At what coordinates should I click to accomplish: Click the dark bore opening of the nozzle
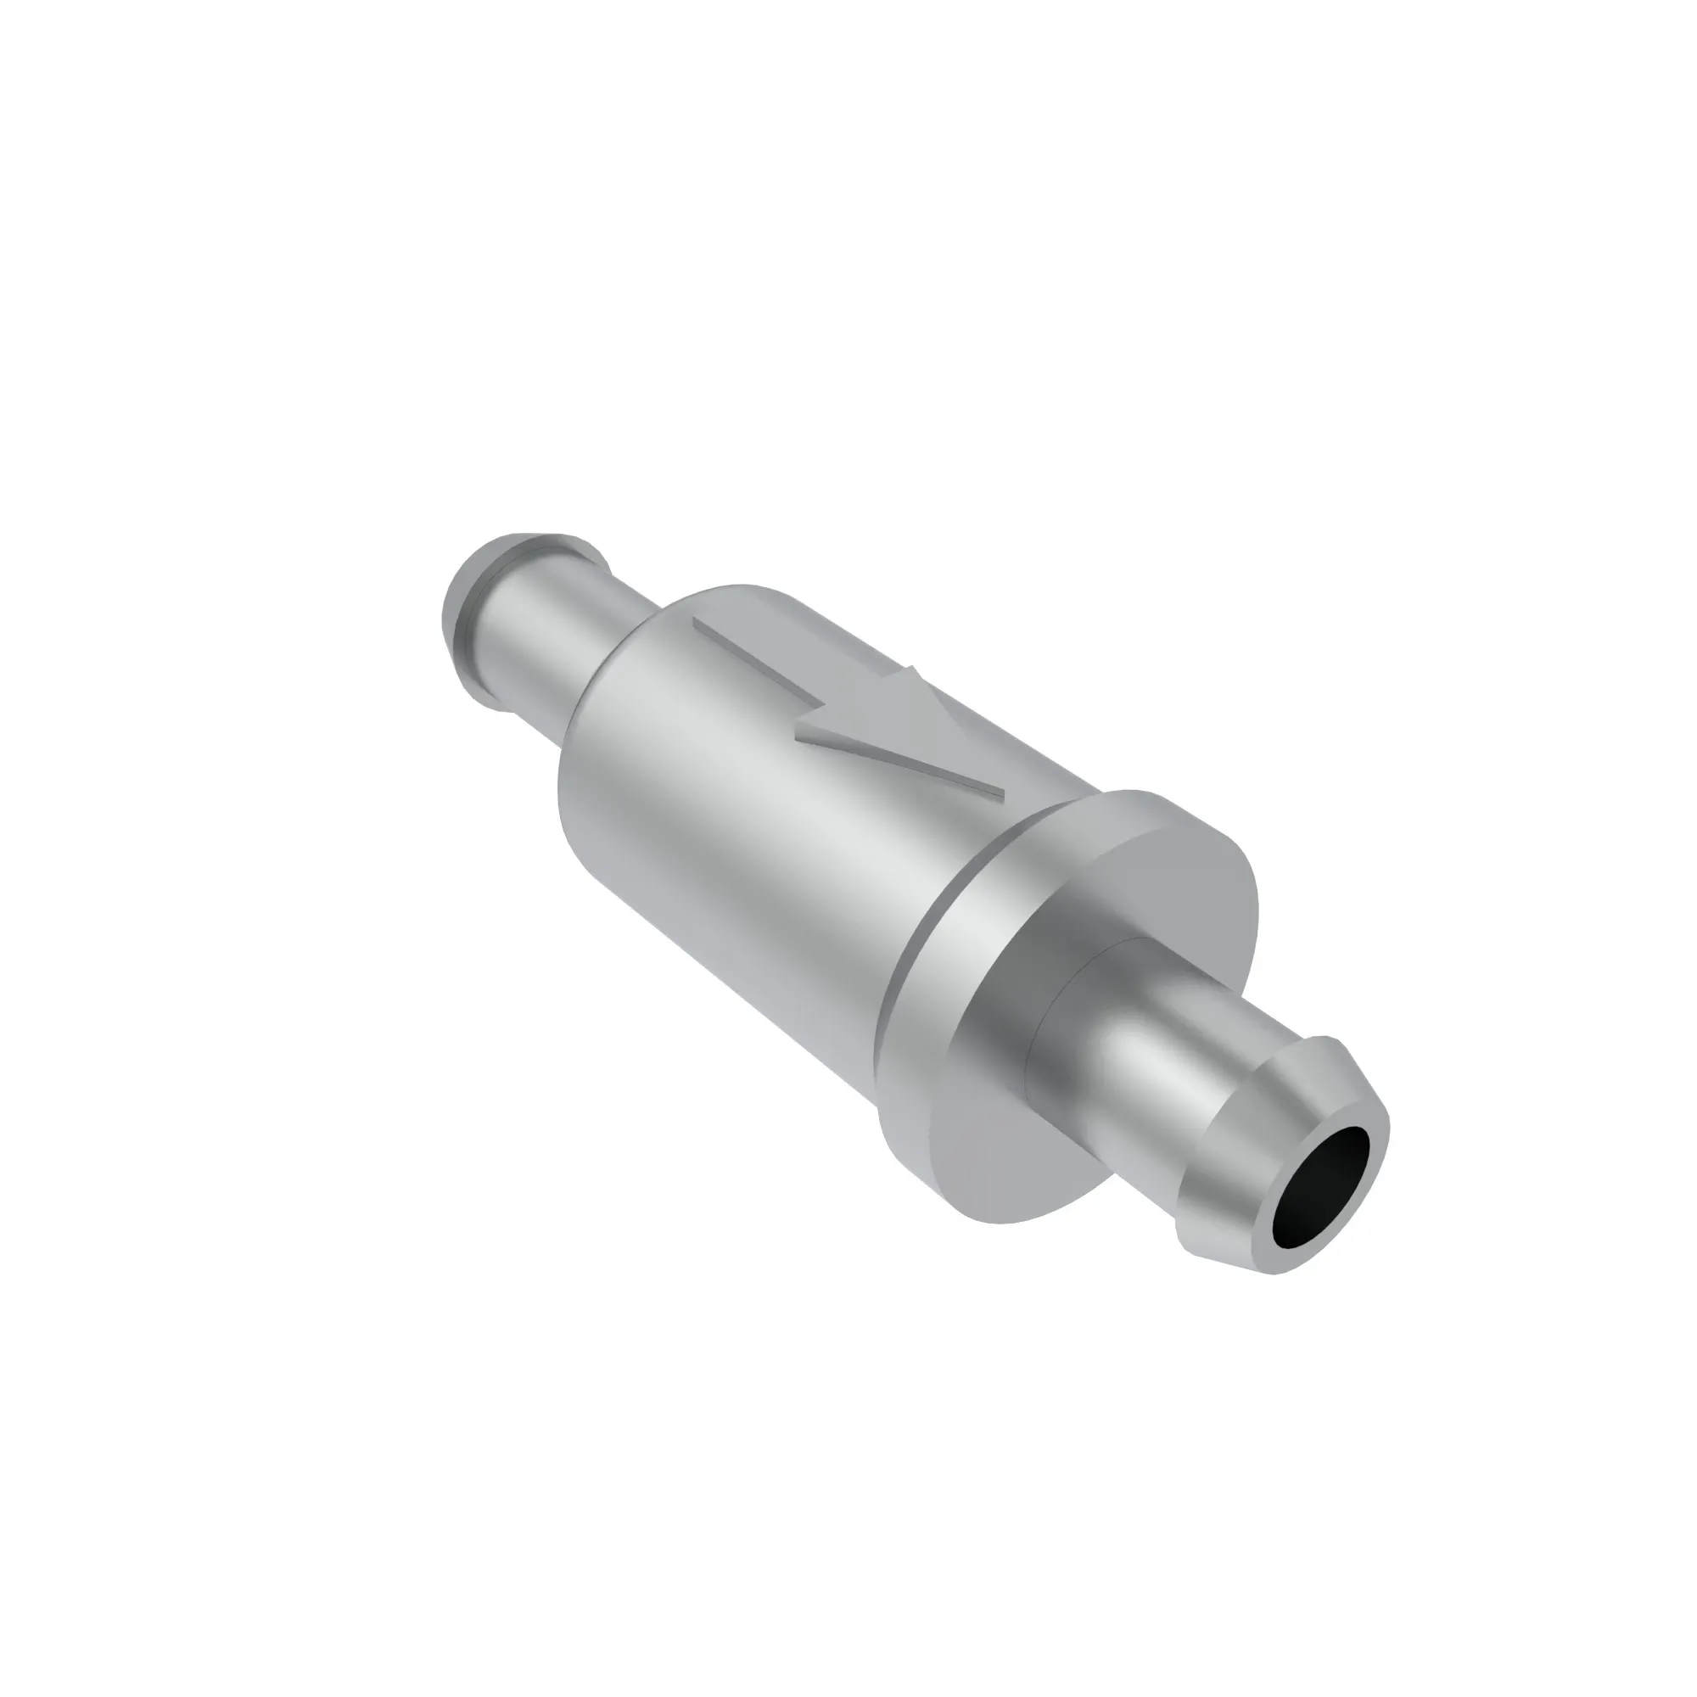1320,1199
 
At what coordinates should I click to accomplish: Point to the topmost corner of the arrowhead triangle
914,668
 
